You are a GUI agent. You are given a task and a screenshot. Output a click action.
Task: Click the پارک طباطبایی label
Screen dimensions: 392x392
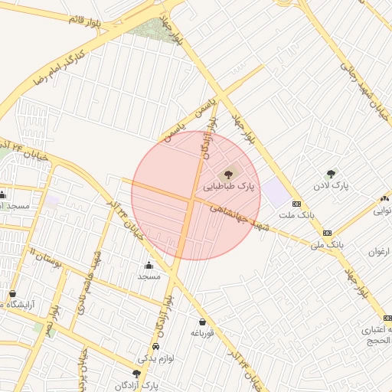[229, 186]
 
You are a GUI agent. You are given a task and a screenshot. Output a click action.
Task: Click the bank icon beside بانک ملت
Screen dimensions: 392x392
[296, 204]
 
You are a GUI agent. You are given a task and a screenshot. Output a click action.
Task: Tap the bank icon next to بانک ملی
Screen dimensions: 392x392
[327, 233]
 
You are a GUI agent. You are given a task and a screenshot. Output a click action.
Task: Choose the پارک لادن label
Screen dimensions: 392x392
[331, 186]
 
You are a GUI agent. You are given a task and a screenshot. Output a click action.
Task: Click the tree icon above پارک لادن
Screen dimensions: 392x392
[331, 175]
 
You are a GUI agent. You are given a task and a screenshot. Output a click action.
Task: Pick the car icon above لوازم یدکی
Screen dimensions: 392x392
[156, 346]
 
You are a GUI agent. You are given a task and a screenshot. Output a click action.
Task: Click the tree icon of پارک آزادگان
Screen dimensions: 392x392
[136, 373]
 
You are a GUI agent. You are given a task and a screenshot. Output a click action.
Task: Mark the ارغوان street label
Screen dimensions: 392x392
[380, 251]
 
